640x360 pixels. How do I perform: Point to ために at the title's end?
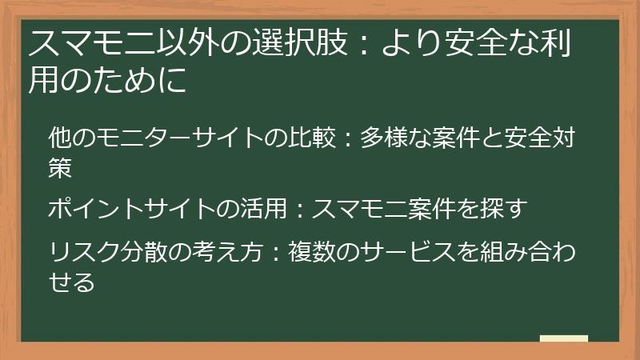(x=142, y=81)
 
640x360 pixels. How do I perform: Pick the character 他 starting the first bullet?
(x=60, y=138)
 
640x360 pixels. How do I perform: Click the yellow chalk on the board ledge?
(x=563, y=338)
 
